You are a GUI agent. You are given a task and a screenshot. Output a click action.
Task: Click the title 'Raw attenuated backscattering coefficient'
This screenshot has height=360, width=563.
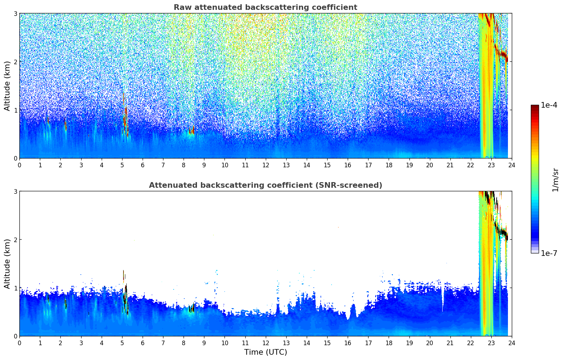pyautogui.click(x=265, y=7)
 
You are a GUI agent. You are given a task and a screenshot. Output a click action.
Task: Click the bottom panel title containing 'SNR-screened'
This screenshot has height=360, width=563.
pyautogui.click(x=265, y=185)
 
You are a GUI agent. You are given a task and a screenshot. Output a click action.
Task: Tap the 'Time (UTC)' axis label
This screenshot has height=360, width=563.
pyautogui.click(x=265, y=352)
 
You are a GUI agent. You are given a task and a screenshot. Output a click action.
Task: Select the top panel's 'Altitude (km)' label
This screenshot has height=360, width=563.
pyautogui.click(x=7, y=86)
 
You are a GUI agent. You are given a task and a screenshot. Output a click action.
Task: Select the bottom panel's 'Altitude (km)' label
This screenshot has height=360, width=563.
pyautogui.click(x=7, y=264)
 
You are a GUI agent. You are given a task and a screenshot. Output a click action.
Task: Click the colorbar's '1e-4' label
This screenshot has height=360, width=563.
pyautogui.click(x=549, y=105)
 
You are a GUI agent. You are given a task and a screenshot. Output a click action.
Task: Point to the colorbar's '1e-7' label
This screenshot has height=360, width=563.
pyautogui.click(x=549, y=253)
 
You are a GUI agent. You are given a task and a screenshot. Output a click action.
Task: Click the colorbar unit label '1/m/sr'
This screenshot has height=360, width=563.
pyautogui.click(x=555, y=180)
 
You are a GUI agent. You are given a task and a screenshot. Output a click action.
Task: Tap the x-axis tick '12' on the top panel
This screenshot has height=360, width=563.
pyautogui.click(x=265, y=165)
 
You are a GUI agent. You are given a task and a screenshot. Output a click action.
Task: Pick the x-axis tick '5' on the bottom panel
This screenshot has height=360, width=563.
pyautogui.click(x=122, y=343)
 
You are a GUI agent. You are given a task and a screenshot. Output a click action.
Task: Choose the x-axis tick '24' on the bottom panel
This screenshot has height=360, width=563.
pyautogui.click(x=512, y=343)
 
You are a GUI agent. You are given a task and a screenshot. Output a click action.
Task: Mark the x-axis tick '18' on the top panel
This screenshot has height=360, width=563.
pyautogui.click(x=389, y=165)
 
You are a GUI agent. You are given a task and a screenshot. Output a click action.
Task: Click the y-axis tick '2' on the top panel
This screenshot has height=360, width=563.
pyautogui.click(x=15, y=62)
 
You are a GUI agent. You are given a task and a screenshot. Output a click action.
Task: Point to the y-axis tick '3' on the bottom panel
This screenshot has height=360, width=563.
pyautogui.click(x=15, y=191)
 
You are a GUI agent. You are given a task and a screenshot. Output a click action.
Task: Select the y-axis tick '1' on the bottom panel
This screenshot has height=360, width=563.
pyautogui.click(x=15, y=288)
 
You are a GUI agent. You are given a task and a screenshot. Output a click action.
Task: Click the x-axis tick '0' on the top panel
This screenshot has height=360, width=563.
pyautogui.click(x=19, y=165)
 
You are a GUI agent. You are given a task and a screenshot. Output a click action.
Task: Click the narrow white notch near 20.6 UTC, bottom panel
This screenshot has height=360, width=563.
pyautogui.click(x=443, y=300)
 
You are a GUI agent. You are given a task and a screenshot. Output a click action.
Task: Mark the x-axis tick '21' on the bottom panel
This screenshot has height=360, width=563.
pyautogui.click(x=450, y=343)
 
